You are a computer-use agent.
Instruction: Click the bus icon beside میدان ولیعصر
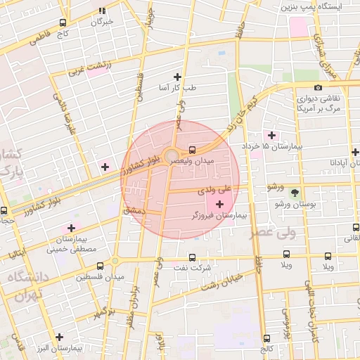[193, 150]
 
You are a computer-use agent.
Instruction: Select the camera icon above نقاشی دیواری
[319, 88]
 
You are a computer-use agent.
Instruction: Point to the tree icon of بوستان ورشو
[295, 193]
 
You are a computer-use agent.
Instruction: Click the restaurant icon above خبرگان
[103, 11]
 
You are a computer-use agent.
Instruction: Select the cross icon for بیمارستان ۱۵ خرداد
[271, 134]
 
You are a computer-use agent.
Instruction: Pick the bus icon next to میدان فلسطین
[100, 266]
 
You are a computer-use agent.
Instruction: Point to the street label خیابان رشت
[222, 281]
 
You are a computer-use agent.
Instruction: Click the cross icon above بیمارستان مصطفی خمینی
[71, 228]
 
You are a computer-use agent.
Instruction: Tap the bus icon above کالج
[266, 338]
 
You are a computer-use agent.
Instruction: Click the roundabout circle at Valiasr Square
[171, 155]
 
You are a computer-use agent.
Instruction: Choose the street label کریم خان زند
[243, 112]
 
